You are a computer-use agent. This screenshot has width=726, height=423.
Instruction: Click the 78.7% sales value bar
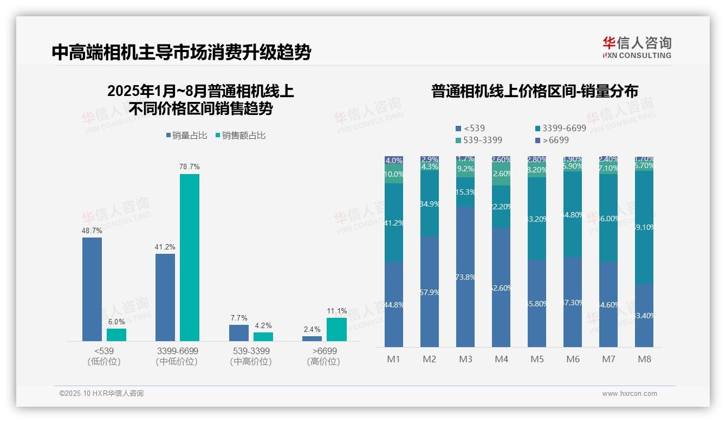(x=189, y=258)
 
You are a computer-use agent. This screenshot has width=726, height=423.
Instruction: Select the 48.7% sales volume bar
(x=92, y=289)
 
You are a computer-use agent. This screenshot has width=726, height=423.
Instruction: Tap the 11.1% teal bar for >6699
(x=336, y=329)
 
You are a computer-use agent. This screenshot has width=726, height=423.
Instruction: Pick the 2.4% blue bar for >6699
(x=312, y=338)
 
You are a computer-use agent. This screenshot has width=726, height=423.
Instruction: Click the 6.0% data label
(x=116, y=322)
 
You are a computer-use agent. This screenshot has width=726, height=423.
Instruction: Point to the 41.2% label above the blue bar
(x=165, y=247)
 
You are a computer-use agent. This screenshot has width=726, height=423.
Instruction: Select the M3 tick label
(x=465, y=359)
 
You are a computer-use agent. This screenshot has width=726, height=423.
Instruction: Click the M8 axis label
(x=644, y=359)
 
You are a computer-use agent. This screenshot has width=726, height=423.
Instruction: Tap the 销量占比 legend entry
(x=186, y=136)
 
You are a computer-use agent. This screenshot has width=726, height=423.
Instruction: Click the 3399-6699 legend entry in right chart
(x=560, y=129)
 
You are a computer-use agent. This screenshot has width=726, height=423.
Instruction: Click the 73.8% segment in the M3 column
(x=465, y=277)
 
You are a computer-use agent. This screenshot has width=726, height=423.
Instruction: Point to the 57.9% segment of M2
(x=430, y=292)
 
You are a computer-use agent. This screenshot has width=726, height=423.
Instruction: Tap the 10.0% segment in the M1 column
(x=394, y=175)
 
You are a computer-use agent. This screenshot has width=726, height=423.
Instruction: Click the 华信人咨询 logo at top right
(x=637, y=48)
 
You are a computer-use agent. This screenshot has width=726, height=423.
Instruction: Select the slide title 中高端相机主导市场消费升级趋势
(x=181, y=53)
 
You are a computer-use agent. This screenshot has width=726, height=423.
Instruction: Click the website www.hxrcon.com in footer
(x=630, y=394)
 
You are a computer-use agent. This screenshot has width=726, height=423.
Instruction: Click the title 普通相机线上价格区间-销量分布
(x=534, y=91)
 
